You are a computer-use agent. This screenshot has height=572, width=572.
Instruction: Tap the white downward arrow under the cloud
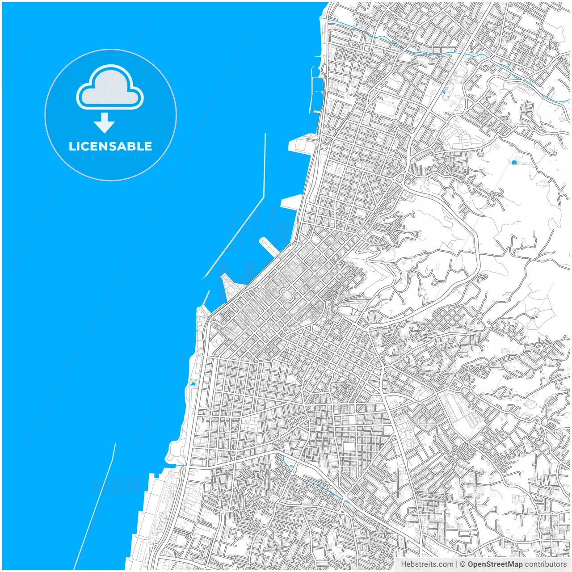pyautogui.click(x=104, y=123)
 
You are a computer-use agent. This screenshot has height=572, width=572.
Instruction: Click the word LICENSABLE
pyautogui.click(x=110, y=147)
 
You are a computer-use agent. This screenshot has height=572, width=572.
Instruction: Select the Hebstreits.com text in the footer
pyautogui.click(x=426, y=564)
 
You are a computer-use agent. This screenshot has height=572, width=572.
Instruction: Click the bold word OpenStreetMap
pyautogui.click(x=495, y=564)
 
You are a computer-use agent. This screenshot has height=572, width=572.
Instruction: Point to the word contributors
pyautogui.click(x=545, y=564)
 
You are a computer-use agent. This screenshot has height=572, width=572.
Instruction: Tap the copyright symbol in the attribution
pyautogui.click(x=463, y=564)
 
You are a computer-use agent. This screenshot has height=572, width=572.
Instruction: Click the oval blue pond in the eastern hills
pyautogui.click(x=514, y=162)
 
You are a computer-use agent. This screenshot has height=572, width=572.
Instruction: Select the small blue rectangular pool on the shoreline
pyautogui.click(x=193, y=383)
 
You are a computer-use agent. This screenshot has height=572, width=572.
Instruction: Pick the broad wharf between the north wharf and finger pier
pyautogui.click(x=290, y=202)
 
